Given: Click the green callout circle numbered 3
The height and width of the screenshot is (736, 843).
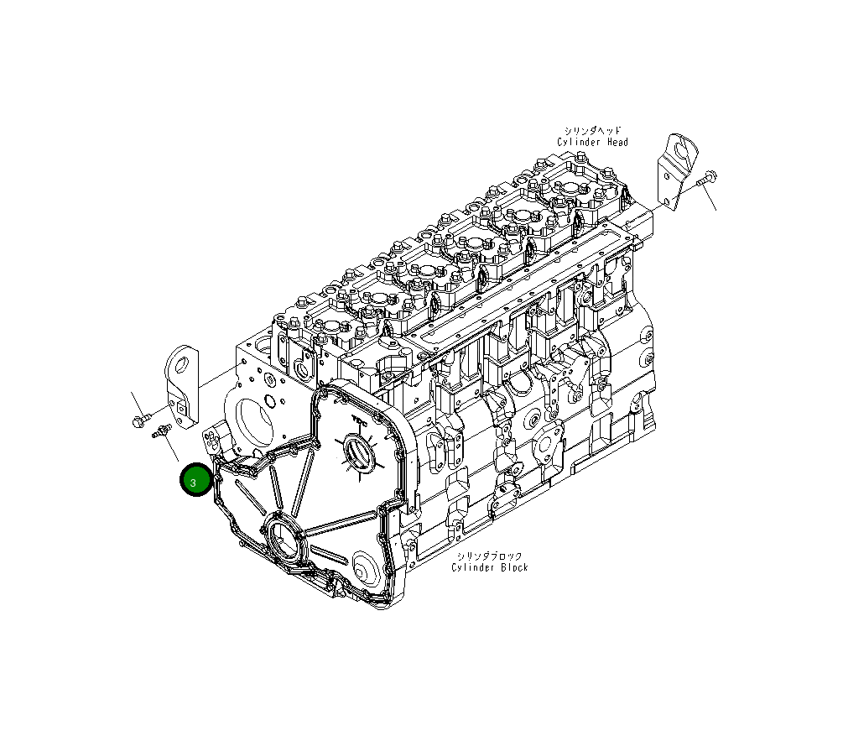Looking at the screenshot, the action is (195, 479).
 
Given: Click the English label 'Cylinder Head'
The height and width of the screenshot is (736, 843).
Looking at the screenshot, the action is (592, 142).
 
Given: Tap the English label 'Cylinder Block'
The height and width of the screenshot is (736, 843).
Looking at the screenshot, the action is (489, 567).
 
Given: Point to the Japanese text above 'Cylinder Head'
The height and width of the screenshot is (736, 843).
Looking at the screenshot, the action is (592, 131).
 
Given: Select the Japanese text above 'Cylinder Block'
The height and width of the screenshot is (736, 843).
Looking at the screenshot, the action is (489, 556).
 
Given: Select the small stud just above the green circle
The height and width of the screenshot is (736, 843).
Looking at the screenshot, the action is (162, 431).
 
